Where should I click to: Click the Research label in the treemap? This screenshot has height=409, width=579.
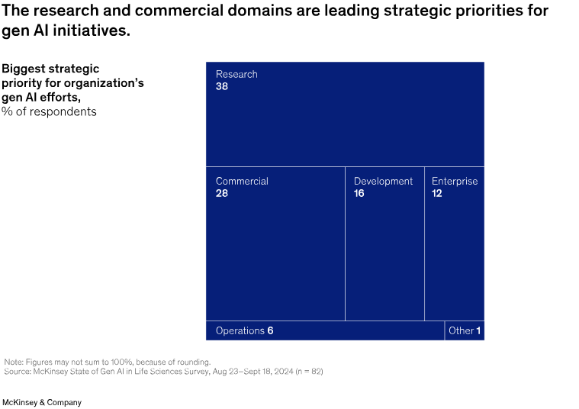236,74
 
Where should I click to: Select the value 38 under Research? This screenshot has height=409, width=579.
222,86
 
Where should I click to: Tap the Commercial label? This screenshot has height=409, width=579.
242,181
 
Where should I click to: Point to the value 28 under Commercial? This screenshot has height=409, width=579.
222,193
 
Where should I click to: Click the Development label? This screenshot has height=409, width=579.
383,181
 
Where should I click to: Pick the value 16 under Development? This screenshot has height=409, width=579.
359,193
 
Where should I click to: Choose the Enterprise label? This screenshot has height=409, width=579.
455,181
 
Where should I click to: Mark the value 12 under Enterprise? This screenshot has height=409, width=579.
437,193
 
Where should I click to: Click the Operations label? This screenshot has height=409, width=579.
240,330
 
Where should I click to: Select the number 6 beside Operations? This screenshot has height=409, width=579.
270,330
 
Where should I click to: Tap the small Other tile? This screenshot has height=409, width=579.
465,330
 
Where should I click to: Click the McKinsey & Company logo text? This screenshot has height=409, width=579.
43,402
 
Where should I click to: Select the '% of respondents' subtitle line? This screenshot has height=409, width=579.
49,111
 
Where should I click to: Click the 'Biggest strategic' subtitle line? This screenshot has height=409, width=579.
50,69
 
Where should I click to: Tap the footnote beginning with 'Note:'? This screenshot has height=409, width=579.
107,362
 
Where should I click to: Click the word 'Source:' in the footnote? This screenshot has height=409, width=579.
18,371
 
